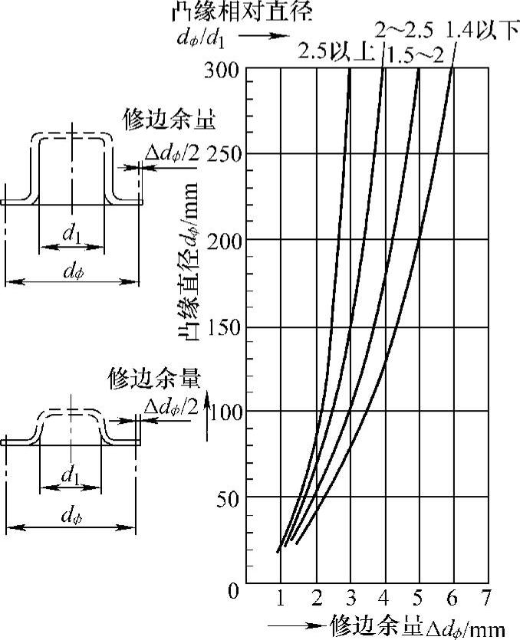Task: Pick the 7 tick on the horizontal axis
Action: pos(485,598)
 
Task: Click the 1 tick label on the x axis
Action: pos(281,598)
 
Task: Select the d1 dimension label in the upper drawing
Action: pos(71,236)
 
